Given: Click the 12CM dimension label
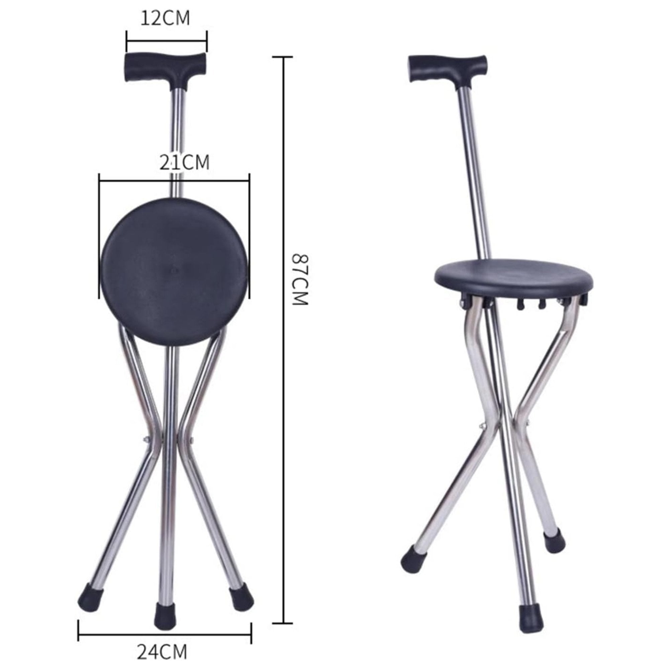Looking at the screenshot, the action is [x=165, y=18].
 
